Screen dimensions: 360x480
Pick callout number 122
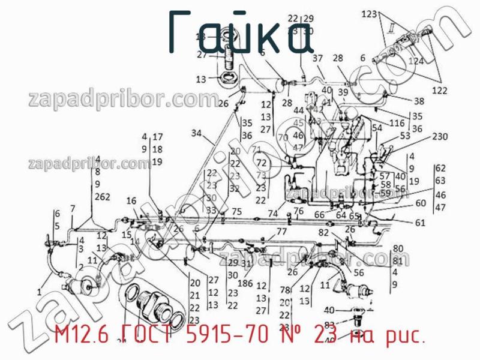pyautogui.click(x=440, y=91)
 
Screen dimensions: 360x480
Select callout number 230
pyautogui.click(x=440, y=136)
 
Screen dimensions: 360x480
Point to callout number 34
pyautogui.click(x=197, y=133)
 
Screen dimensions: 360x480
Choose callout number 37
pyautogui.click(x=318, y=58)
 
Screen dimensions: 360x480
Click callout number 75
pyautogui.click(x=236, y=211)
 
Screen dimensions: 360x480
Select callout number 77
pyautogui.click(x=281, y=232)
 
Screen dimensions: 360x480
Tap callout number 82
pyautogui.click(x=324, y=232)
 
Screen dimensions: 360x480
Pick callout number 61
pyautogui.click(x=420, y=223)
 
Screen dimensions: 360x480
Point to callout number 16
pyautogui.click(x=131, y=200)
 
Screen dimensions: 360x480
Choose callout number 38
pyautogui.click(x=418, y=101)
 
